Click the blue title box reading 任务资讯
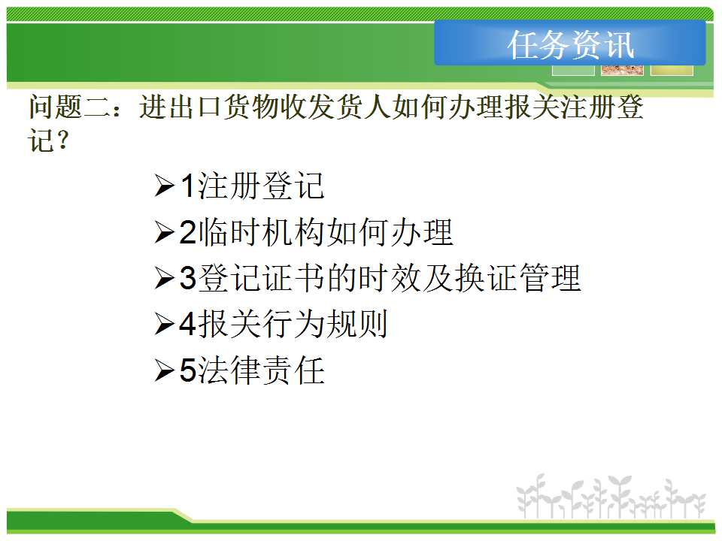(570, 43)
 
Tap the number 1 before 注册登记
(188, 186)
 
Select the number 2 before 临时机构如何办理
(188, 232)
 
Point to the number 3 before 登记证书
(188, 278)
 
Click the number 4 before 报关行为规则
(188, 324)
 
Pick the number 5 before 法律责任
(188, 370)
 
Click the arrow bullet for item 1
(165, 186)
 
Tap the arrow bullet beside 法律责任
(165, 370)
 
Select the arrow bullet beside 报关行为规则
(165, 324)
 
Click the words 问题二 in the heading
(69, 107)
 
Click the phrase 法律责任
(262, 370)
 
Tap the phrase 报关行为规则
(293, 324)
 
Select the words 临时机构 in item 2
(262, 232)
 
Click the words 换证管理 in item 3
(517, 278)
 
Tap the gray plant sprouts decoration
(611, 497)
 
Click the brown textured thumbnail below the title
(622, 70)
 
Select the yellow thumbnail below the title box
(672, 70)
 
